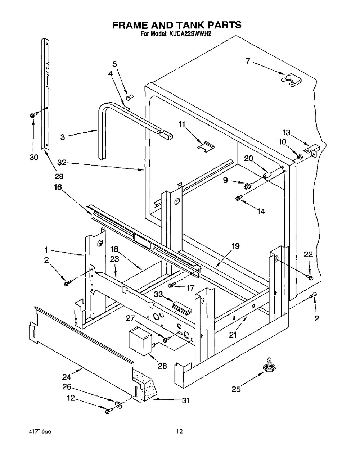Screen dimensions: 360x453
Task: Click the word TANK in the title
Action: click(190, 25)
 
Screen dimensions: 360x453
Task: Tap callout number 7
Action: click(248, 61)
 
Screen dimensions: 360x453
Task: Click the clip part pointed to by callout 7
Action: click(291, 80)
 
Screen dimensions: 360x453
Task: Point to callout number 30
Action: click(33, 157)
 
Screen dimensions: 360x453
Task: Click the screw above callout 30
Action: click(33, 115)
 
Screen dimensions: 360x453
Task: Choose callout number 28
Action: click(162, 366)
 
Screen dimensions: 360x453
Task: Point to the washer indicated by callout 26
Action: click(118, 404)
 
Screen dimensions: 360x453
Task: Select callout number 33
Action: click(158, 294)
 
